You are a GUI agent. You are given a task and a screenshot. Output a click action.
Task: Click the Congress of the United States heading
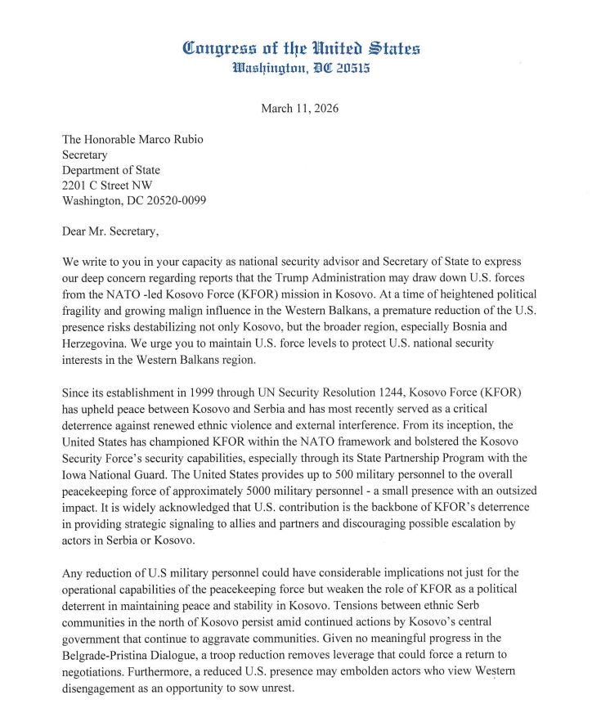(301, 48)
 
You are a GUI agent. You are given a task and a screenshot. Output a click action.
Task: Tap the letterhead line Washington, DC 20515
(301, 69)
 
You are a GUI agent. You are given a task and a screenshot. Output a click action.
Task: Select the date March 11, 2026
(299, 108)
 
